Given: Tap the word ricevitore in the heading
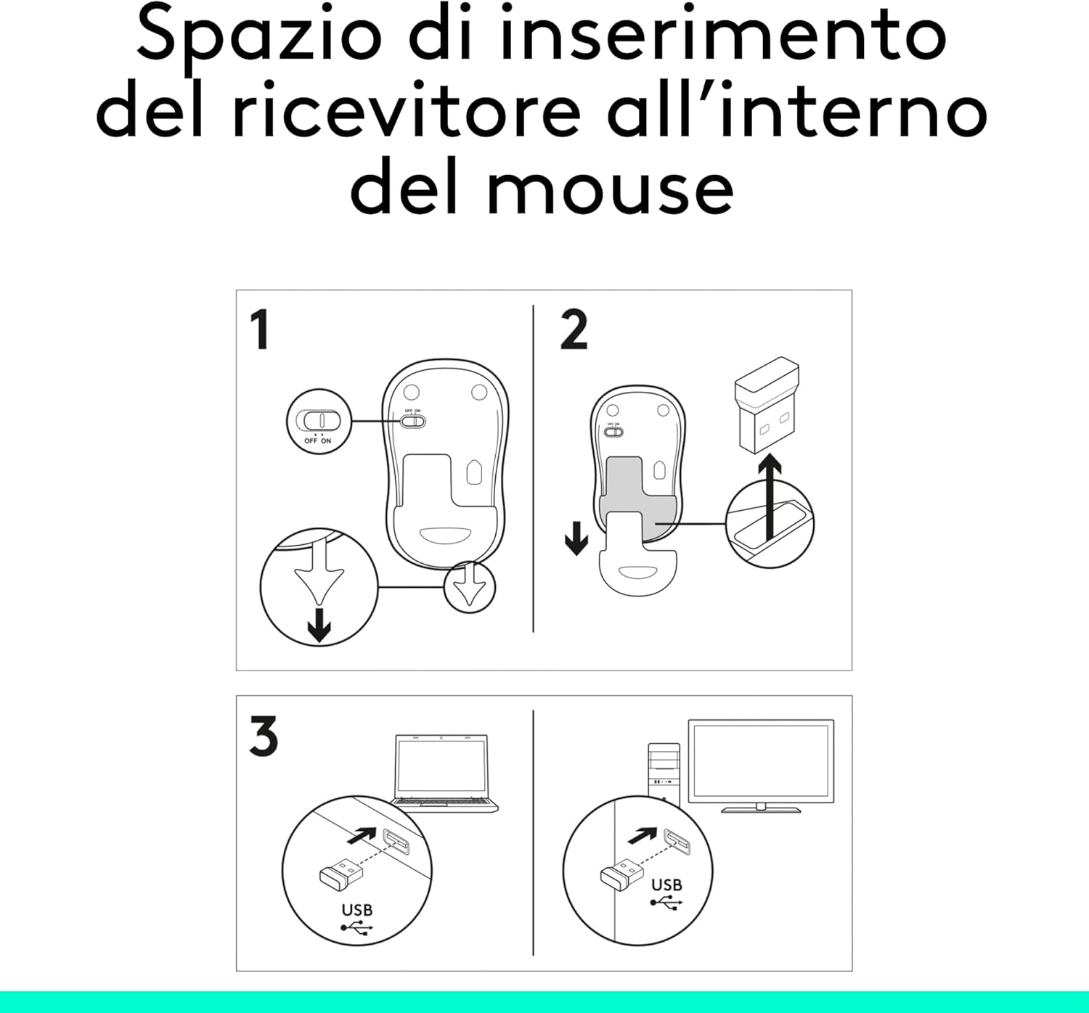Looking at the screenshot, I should [407, 112].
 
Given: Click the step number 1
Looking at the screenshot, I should [259, 330].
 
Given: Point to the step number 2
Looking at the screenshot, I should [574, 330].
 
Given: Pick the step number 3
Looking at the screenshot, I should [263, 737].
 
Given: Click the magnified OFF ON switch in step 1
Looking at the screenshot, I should [319, 421].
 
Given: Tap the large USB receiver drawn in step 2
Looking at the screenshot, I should [766, 403].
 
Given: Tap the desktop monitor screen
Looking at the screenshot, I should [760, 760].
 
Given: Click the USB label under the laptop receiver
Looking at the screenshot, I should [356, 910].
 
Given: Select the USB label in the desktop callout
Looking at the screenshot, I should [666, 885].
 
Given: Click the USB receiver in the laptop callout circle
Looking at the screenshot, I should [340, 873].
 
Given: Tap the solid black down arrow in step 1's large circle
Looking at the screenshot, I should [319, 626].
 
